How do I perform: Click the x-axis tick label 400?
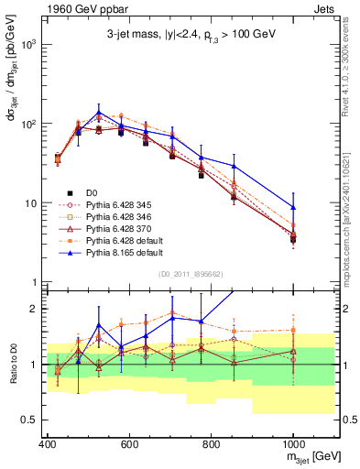click(47, 444)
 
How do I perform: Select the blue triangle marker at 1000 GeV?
click(293, 207)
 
